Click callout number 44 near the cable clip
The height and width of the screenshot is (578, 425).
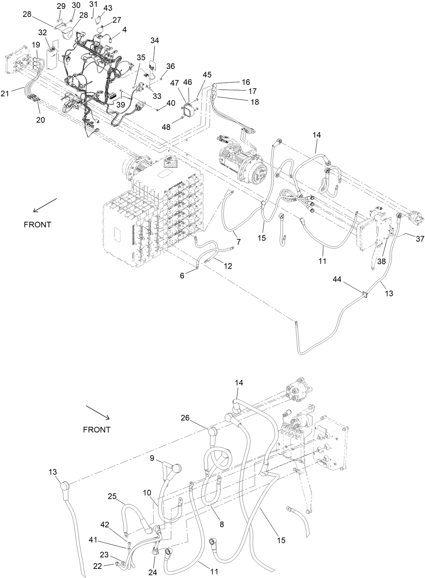click(x=337, y=279)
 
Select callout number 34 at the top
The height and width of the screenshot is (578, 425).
click(x=155, y=40)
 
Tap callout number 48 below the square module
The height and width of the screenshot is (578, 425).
click(x=166, y=127)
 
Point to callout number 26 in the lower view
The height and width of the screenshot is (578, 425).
click(x=185, y=418)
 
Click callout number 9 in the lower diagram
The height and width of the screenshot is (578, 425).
click(x=152, y=458)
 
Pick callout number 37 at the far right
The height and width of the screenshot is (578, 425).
click(x=420, y=239)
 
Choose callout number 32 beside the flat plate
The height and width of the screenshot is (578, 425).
click(x=43, y=33)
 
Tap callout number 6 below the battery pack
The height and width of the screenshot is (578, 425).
click(x=182, y=276)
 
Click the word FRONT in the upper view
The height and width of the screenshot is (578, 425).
click(x=38, y=225)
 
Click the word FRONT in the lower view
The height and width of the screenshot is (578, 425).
click(x=97, y=430)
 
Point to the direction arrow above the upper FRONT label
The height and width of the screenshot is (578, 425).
click(x=45, y=205)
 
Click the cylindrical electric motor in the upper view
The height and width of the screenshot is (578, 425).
click(x=239, y=157)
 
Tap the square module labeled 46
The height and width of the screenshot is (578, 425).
click(x=191, y=109)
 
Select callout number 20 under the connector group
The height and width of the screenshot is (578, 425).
click(x=40, y=120)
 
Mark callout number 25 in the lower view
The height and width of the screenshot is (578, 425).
click(x=112, y=496)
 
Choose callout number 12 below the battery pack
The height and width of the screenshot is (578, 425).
click(x=228, y=266)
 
